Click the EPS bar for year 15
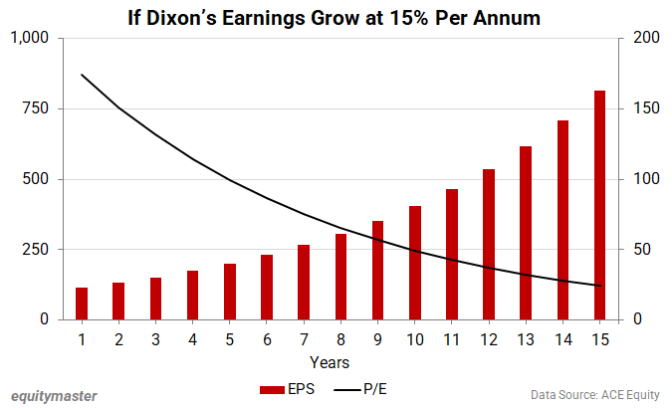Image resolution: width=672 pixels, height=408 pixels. point(599,205)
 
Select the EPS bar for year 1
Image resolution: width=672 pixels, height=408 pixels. point(82,304)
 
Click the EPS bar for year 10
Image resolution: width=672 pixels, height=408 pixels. point(415,263)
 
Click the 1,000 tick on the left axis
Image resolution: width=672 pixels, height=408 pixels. point(30,38)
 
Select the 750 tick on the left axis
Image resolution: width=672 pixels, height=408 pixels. point(37,108)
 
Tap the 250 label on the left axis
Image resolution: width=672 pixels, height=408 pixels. point(37,249)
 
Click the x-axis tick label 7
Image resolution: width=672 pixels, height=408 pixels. point(304,338)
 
